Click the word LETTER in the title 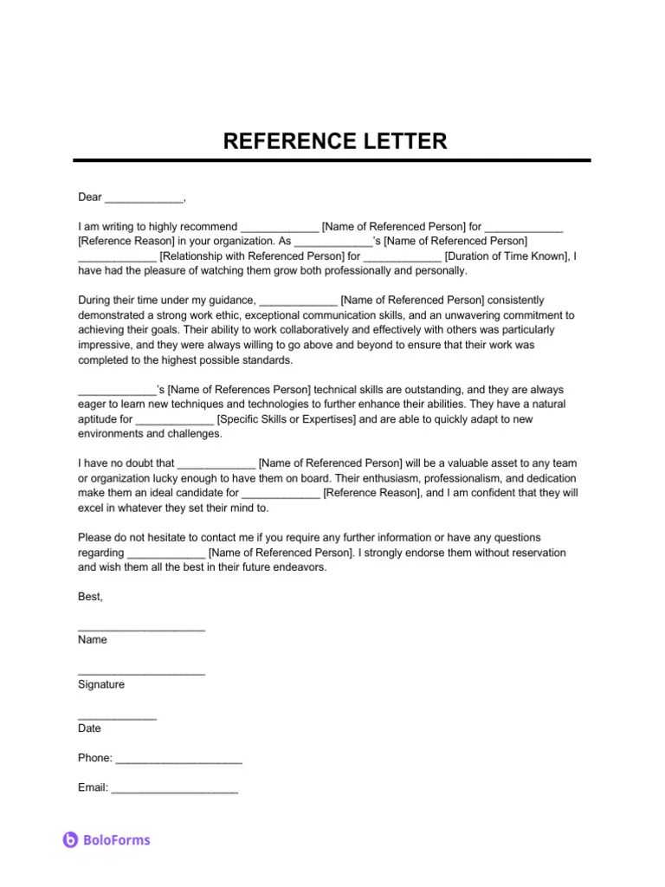point(405,141)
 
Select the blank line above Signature point(141,674)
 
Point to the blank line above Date point(117,718)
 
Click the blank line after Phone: point(178,761)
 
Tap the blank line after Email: point(174,791)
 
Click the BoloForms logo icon point(71,839)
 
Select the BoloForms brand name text point(117,839)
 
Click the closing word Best point(89,597)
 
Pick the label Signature point(100,684)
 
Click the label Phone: point(94,758)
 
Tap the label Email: point(93,787)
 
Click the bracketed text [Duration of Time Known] point(508,256)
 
